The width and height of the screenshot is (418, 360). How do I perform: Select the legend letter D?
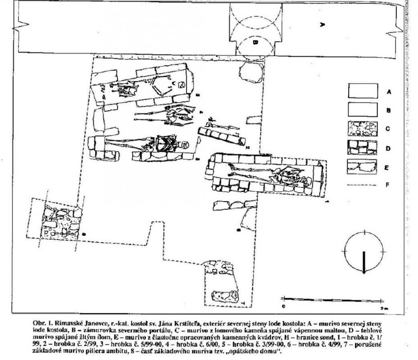(388, 148)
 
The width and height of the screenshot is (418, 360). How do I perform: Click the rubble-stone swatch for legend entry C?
(362, 129)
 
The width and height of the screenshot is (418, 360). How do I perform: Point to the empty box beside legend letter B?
(362, 109)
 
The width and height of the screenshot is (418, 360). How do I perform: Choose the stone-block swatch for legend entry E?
(362, 166)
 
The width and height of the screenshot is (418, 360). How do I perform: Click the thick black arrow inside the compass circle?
(363, 260)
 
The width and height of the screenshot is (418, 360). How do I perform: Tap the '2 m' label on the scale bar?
(382, 307)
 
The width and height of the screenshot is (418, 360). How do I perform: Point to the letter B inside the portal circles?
(254, 43)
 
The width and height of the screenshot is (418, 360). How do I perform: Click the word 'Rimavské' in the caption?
(78, 323)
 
